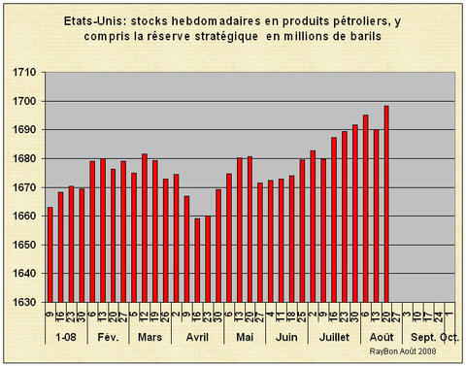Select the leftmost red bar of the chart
[50, 253]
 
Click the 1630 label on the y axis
[25, 302]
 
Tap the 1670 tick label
[25, 187]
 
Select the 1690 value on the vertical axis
[25, 130]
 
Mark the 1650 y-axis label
[25, 245]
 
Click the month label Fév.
[109, 338]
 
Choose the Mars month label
[150, 338]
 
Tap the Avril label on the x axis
[197, 338]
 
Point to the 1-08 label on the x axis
[64, 338]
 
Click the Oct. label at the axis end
[449, 338]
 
